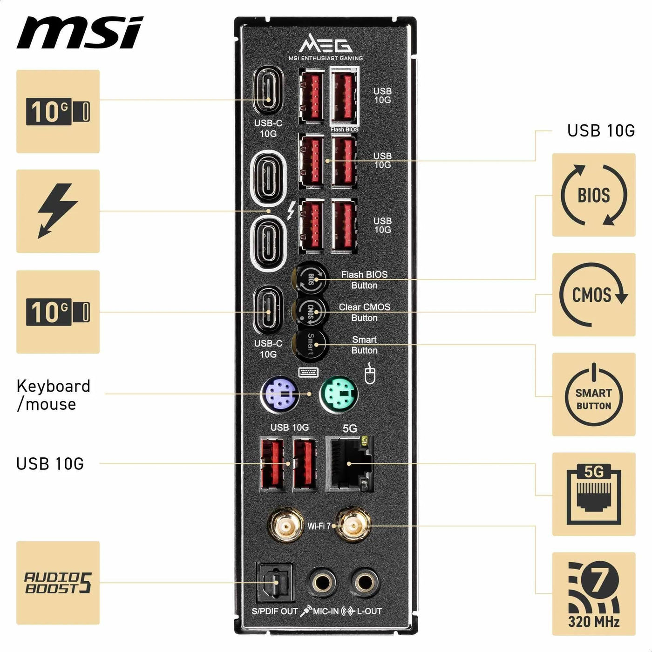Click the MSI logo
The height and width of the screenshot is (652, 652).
80,33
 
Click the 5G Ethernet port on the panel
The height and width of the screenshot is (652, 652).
349,463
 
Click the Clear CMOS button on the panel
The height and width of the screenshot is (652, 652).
310,312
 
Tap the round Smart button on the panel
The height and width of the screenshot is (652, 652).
310,344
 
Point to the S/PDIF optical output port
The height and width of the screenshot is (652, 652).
274,583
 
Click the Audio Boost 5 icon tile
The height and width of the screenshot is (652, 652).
58,583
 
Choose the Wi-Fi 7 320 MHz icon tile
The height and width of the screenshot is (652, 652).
594,594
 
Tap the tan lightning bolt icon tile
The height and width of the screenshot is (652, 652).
58,211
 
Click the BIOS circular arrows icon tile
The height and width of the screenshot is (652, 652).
594,195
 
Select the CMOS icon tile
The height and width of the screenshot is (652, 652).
594,295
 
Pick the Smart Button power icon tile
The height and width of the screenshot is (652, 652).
594,394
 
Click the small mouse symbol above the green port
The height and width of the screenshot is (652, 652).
370,373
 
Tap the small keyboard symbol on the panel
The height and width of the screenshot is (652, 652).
309,372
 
